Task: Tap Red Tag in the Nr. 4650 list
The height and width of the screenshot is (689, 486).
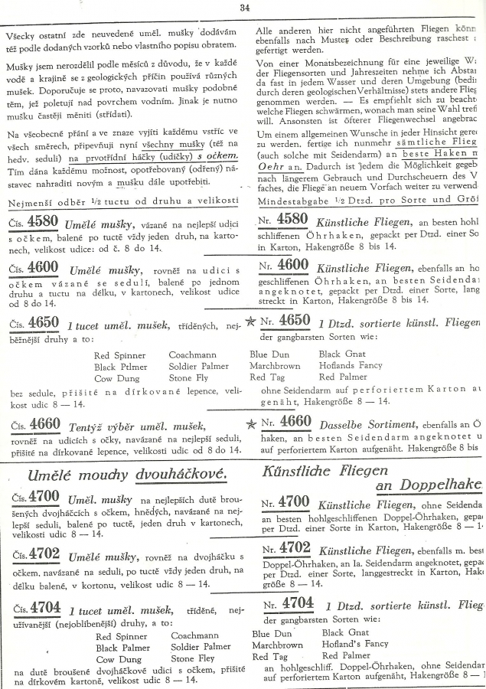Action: [x=267, y=377]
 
